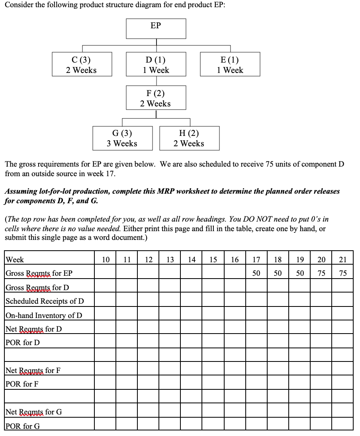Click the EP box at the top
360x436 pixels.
pos(156,28)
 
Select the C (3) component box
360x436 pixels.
pos(81,65)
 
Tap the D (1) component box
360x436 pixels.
pos(156,65)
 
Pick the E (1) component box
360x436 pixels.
pos(230,65)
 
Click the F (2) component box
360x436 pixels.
pos(156,98)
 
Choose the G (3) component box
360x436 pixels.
pos(122,138)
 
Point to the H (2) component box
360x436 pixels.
pos(189,138)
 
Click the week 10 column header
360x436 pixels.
pos(106,260)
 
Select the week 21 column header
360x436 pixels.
pos(342,260)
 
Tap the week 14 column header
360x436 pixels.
pos(192,260)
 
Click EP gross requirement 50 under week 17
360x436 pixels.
pos(256,273)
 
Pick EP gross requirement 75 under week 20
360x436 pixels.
pos(321,273)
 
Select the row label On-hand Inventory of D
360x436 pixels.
pos(44,315)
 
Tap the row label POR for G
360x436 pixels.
pos(23,426)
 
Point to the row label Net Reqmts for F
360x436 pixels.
pos(33,371)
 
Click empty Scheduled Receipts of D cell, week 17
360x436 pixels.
pos(256,301)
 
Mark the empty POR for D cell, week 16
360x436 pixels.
pos(235,342)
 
